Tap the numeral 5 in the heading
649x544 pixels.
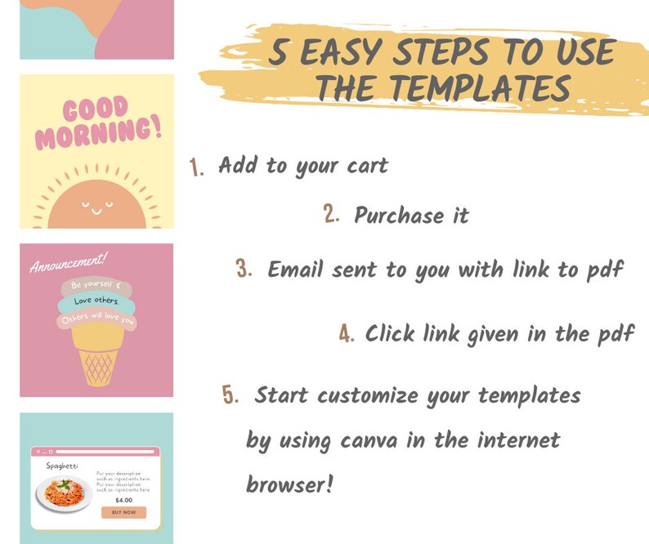pyautogui.click(x=280, y=54)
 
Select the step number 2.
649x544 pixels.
pyautogui.click(x=331, y=215)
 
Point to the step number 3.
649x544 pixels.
pyautogui.click(x=244, y=270)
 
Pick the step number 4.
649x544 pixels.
pyautogui.click(x=347, y=334)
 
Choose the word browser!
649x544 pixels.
pyautogui.click(x=289, y=484)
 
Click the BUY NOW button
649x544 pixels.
pyautogui.click(x=123, y=512)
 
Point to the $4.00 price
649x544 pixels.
pyautogui.click(x=123, y=500)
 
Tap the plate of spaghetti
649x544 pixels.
pyautogui.click(x=64, y=493)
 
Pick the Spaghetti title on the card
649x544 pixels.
pyautogui.click(x=62, y=466)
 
